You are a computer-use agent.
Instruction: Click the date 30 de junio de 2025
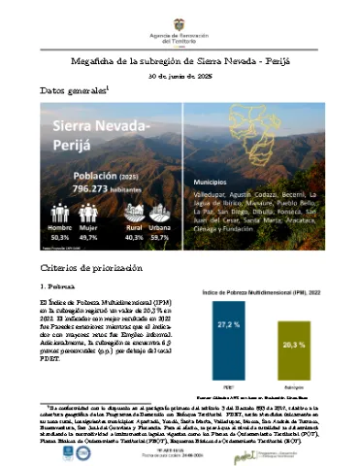[180, 75]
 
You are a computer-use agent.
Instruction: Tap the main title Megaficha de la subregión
[179, 59]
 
